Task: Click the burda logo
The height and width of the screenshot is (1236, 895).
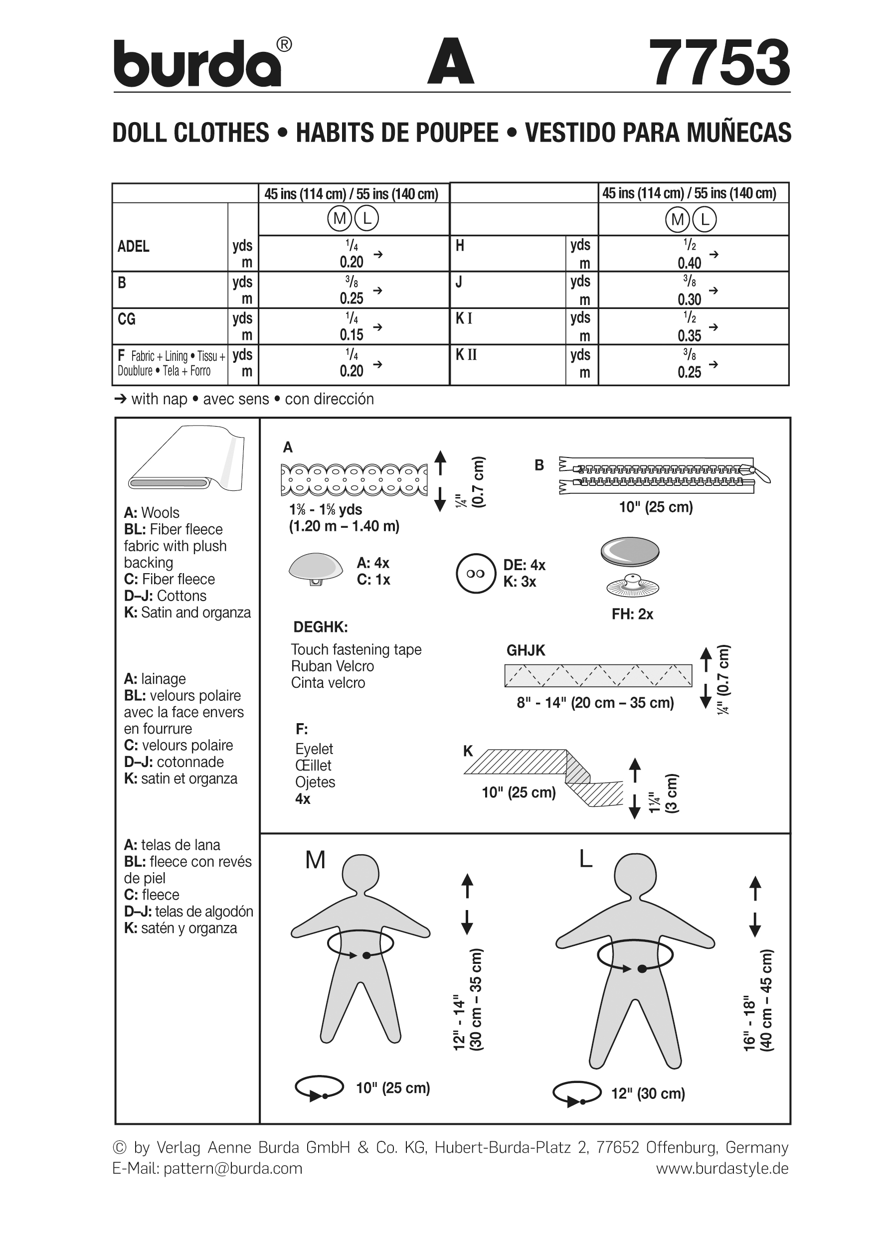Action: tap(199, 64)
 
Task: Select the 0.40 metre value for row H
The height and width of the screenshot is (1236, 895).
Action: tap(689, 263)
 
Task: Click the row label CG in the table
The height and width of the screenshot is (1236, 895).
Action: tap(127, 319)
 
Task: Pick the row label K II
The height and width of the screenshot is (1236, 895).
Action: tap(466, 355)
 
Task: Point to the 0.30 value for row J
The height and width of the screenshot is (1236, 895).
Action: tap(689, 299)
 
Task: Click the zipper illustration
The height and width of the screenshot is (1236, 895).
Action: tap(663, 474)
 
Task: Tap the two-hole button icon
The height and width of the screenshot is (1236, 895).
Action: tap(476, 573)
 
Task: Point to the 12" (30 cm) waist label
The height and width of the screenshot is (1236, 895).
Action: tap(648, 1093)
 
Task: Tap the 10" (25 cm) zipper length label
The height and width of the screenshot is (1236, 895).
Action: tap(655, 507)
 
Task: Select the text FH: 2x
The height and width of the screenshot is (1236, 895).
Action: tap(632, 614)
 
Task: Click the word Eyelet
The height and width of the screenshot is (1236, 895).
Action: tap(314, 749)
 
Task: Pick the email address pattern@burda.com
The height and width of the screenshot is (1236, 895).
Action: tap(233, 1168)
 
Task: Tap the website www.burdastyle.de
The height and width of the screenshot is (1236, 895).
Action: tap(721, 1168)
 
